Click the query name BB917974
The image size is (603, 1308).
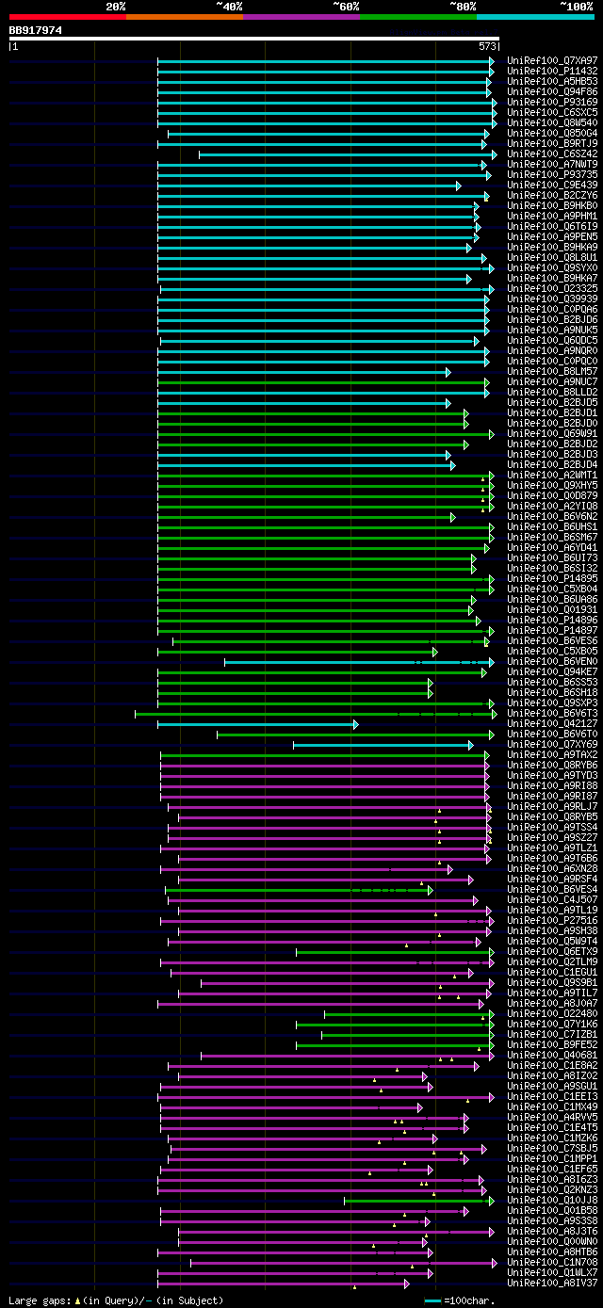(36, 30)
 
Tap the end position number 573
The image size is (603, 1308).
(487, 45)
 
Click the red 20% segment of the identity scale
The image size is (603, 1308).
(67, 16)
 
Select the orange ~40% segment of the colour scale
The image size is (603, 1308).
(184, 16)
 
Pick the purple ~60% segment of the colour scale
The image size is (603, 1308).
(301, 16)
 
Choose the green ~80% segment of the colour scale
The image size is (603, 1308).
(417, 16)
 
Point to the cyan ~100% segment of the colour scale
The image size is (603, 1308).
(534, 16)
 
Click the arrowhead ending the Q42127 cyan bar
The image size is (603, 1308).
(355, 698)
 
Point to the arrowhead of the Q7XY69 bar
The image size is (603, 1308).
(470, 719)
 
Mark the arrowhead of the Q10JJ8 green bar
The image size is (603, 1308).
(490, 1201)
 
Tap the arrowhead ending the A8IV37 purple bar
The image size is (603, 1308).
(407, 1283)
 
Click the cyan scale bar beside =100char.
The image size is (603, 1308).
(432, 1300)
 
